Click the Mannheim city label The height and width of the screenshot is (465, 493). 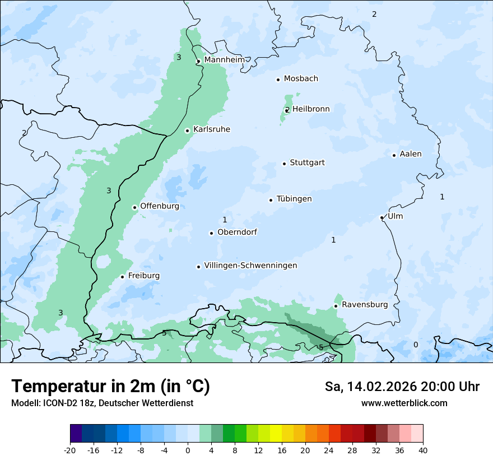[224, 59]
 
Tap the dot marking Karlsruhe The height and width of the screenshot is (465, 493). [188, 131]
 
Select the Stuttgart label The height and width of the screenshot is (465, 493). [307, 163]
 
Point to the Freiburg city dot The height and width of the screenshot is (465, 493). [122, 277]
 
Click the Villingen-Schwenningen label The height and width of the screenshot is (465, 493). [250, 266]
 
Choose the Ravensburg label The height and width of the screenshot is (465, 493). [365, 305]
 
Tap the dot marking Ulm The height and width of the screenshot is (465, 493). [382, 217]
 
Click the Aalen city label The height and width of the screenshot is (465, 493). [411, 154]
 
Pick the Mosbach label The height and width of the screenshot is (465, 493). [301, 79]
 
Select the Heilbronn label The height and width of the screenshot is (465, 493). [311, 109]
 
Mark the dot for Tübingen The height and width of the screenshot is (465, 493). [271, 200]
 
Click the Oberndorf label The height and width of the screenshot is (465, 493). [237, 232]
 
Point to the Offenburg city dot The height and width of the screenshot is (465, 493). [134, 207]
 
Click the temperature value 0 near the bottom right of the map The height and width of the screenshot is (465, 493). [416, 345]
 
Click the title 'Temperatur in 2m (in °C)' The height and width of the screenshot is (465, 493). [110, 386]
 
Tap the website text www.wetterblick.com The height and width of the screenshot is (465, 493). [404, 403]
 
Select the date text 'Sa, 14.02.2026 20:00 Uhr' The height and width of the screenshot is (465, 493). [402, 387]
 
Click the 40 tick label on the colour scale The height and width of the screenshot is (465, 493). [422, 450]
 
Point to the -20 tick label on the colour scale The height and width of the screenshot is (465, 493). [70, 450]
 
